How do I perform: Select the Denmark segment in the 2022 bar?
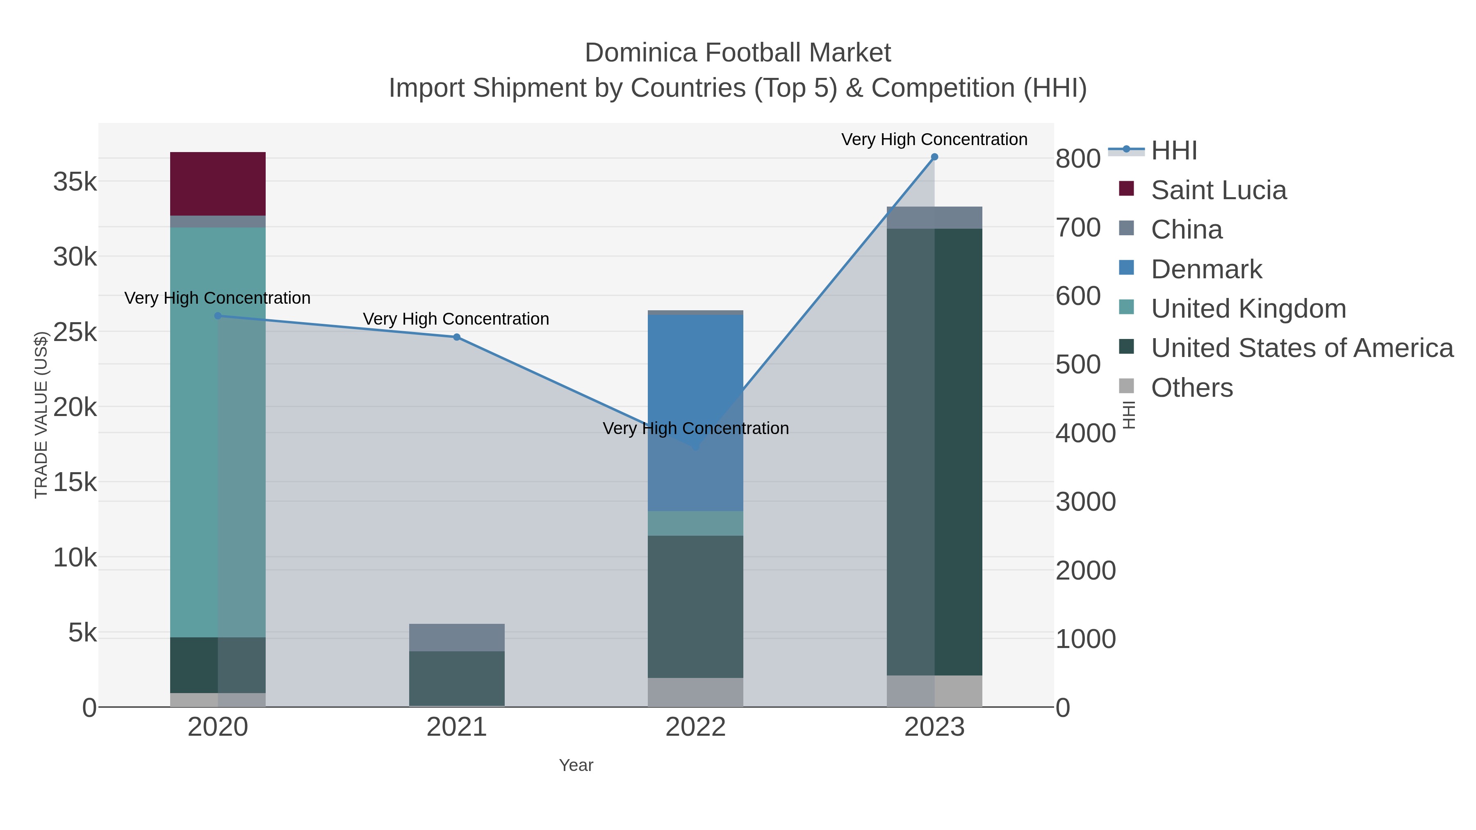coord(695,412)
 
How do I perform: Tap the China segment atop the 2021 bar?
coord(457,637)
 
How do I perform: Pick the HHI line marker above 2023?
coord(934,157)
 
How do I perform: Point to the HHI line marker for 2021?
coord(457,337)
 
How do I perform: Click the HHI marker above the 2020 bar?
coord(218,316)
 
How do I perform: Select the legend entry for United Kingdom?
coord(1248,309)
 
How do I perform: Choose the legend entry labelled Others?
coord(1192,388)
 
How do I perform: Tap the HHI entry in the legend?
coord(1173,151)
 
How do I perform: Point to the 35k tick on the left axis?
coord(75,182)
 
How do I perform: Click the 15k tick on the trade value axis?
coord(75,483)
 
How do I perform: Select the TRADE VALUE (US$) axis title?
coord(41,415)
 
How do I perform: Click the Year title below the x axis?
coord(576,765)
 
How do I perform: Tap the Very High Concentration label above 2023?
coord(934,139)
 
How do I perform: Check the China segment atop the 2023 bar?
coord(934,218)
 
